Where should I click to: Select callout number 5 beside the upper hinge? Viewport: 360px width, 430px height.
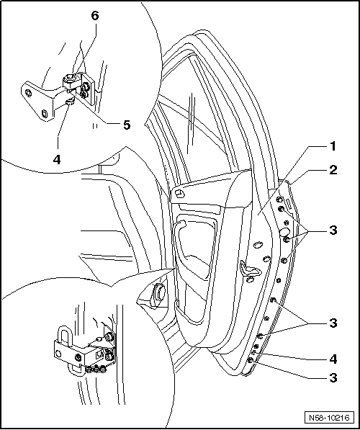(x=126, y=125)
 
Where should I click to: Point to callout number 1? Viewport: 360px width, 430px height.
(x=333, y=146)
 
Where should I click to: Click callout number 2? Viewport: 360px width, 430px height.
(x=333, y=171)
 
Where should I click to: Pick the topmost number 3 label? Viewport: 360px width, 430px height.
(x=333, y=230)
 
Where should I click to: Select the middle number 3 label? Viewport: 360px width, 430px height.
(x=333, y=323)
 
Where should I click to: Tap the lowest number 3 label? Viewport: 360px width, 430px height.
(x=333, y=377)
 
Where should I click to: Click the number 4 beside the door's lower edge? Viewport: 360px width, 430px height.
(x=333, y=357)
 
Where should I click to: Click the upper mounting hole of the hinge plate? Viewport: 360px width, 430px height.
(x=30, y=92)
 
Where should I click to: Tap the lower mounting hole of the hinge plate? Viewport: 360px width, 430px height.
(x=45, y=112)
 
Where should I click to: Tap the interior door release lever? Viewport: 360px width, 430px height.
(x=249, y=269)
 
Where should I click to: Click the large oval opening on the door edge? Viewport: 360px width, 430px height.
(x=284, y=233)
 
